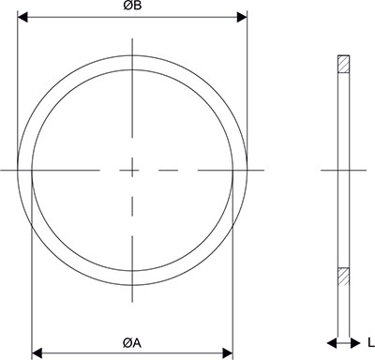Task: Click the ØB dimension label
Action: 132,7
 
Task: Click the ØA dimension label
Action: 132,343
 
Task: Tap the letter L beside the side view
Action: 371,342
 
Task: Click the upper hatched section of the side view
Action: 343,66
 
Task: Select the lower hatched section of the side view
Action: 343,277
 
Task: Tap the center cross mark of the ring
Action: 132,170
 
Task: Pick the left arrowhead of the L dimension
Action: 331,341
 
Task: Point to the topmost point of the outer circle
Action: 132,54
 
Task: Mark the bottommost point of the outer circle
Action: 132,286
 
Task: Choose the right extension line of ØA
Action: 232,281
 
